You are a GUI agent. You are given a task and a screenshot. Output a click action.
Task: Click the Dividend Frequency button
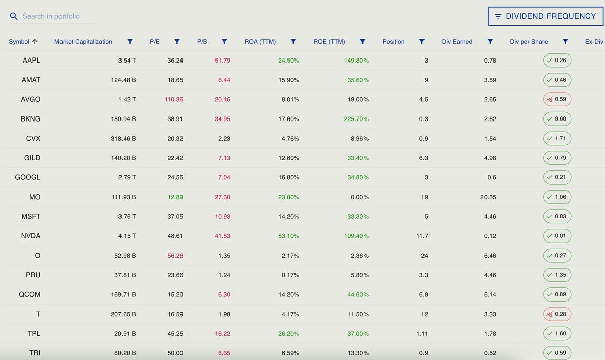pos(545,16)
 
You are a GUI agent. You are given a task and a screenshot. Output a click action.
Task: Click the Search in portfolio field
pos(58,16)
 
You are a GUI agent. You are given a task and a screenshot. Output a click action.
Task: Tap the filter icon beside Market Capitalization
pos(130,42)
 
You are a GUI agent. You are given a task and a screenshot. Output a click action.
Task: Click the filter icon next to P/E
pos(177,42)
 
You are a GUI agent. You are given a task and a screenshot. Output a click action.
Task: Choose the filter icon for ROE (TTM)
pos(362,42)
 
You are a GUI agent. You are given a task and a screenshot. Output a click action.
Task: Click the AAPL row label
pos(31,61)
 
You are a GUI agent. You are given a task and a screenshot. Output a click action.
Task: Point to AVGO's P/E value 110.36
pos(174,100)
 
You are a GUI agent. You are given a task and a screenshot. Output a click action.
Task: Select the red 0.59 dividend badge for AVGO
pos(557,100)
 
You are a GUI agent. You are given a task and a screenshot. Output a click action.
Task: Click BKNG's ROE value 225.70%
pos(356,119)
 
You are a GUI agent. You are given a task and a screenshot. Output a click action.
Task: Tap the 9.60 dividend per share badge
pos(557,119)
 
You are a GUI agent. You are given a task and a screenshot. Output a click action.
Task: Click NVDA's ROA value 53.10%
pos(288,236)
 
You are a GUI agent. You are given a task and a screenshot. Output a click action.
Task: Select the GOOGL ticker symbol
pos(28,178)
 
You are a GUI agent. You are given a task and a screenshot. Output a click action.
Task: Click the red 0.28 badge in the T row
pos(557,314)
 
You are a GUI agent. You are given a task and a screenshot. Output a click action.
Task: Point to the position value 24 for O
pos(424,256)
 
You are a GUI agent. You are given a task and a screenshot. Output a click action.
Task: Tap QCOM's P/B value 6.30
pos(224,295)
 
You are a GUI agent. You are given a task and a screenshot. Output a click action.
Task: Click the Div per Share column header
pos(528,42)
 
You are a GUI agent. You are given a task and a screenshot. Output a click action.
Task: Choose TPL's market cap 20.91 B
pos(125,334)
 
